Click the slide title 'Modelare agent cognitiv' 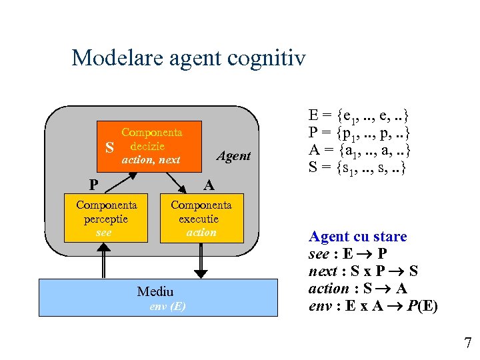188,58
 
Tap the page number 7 467,343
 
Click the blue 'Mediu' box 157,297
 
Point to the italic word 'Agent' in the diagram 234,156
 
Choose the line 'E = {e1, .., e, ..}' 357,114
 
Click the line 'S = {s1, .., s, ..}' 357,167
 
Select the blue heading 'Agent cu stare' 357,237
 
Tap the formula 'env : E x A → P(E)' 373,306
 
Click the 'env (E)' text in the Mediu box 168,307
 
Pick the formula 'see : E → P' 346,254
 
